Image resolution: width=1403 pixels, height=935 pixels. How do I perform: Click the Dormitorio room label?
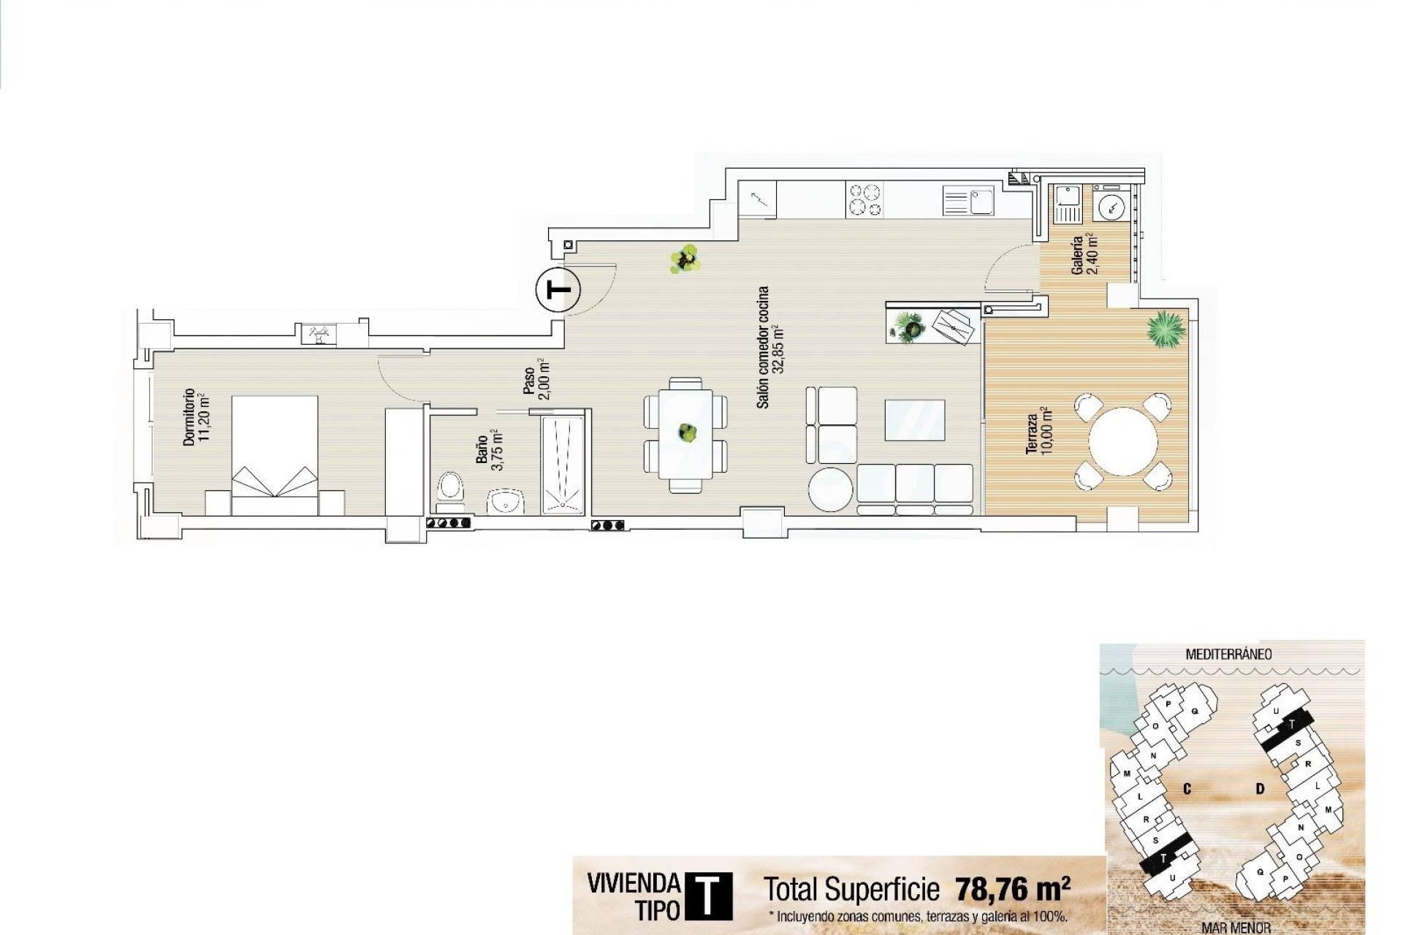click(x=196, y=417)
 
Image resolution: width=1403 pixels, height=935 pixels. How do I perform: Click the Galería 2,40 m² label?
click(x=1084, y=254)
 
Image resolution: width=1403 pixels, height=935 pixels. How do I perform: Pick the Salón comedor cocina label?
click(x=769, y=347)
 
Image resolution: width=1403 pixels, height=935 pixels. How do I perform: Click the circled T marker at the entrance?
click(x=558, y=291)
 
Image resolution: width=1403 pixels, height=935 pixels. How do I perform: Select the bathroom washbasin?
click(x=506, y=502)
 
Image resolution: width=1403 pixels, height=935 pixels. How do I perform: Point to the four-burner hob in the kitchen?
click(x=864, y=199)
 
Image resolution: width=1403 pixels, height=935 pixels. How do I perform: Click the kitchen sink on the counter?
click(x=969, y=200)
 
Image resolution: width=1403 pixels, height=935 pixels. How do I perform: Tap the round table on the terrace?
click(x=1122, y=441)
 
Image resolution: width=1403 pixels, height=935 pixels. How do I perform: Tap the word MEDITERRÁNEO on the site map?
click(x=1228, y=654)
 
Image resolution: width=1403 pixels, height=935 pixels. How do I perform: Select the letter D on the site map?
click(x=1260, y=788)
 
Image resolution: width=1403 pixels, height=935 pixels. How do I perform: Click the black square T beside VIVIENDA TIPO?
click(x=707, y=896)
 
